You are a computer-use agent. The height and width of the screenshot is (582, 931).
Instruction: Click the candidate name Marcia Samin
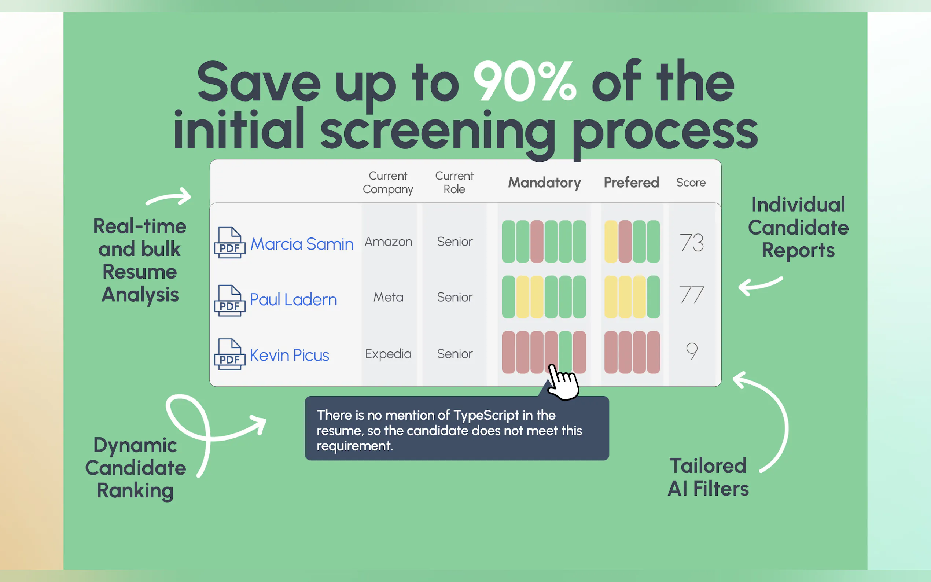pos(302,244)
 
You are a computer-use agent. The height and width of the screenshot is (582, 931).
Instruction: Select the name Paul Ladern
pos(293,299)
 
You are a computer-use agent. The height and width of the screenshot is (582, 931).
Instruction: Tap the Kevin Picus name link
pos(290,355)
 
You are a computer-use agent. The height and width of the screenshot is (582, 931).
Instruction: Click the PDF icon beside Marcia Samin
pos(229,243)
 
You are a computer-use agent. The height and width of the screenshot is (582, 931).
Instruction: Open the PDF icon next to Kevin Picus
pos(229,354)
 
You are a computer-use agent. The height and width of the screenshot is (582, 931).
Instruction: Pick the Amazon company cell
pos(388,242)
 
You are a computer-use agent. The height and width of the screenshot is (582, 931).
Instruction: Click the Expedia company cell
pos(388,354)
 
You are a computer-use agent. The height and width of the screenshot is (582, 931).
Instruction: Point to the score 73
pos(692,243)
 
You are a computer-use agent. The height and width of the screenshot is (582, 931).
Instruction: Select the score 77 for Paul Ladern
pos(692,295)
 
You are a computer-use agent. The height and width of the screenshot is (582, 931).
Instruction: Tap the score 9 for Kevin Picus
pos(692,351)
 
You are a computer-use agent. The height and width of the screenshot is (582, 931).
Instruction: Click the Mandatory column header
pos(544,183)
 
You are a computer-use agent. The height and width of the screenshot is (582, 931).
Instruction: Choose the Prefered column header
pos(631,183)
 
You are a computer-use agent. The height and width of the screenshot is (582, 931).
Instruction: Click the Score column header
pos(691,183)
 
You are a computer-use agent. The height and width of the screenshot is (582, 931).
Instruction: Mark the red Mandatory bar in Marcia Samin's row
pos(537,242)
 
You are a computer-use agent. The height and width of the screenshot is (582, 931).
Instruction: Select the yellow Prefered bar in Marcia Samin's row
pos(611,242)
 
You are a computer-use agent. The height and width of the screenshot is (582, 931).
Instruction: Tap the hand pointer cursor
pos(563,383)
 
